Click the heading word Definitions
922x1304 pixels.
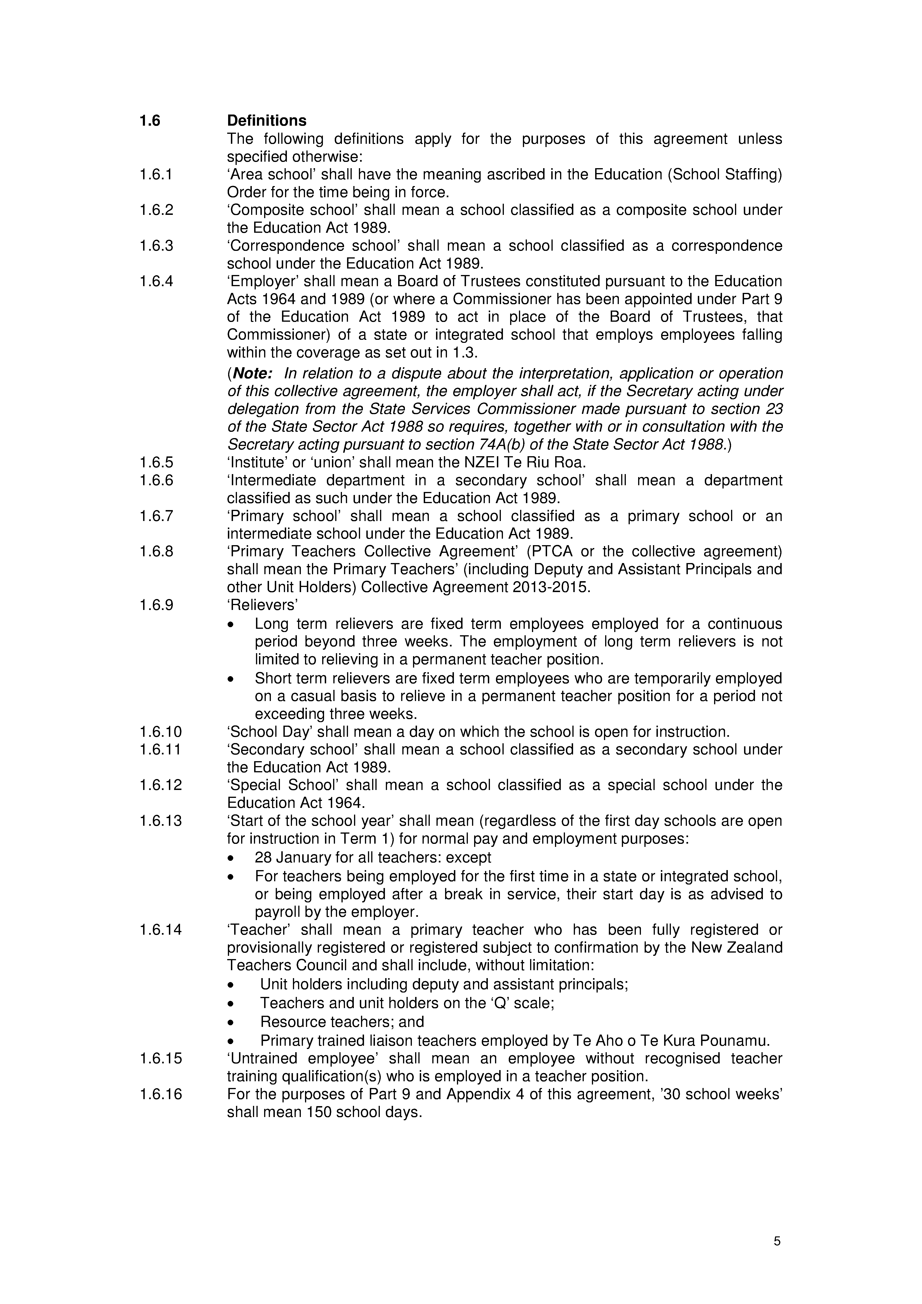pyautogui.click(x=266, y=121)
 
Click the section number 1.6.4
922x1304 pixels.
pyautogui.click(x=156, y=282)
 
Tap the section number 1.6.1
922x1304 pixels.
pyautogui.click(x=156, y=175)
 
